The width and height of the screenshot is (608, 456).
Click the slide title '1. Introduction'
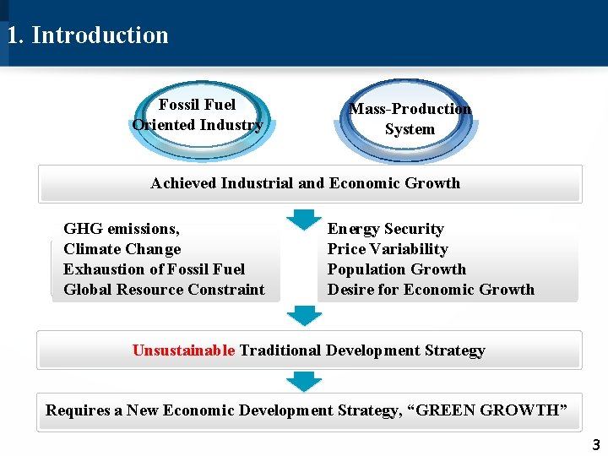pyautogui.click(x=88, y=35)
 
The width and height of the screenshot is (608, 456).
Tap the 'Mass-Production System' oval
pyautogui.click(x=410, y=119)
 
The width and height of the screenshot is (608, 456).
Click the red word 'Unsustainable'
pyautogui.click(x=183, y=350)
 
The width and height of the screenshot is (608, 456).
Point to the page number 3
pyautogui.click(x=595, y=445)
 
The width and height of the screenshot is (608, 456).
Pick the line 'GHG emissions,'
pyautogui.click(x=122, y=229)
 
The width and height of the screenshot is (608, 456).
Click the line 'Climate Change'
pyautogui.click(x=122, y=249)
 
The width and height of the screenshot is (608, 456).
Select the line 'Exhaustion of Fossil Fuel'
pyautogui.click(x=154, y=269)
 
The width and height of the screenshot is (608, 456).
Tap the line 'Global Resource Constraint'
pyautogui.click(x=164, y=290)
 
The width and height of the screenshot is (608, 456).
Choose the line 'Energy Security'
pyautogui.click(x=385, y=229)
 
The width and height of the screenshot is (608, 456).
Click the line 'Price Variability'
pyautogui.click(x=388, y=249)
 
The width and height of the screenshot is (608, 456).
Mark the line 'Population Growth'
pyautogui.click(x=396, y=269)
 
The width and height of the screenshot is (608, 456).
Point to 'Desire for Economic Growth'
pyautogui.click(x=431, y=290)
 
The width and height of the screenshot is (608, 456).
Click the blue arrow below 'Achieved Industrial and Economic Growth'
pyautogui.click(x=303, y=219)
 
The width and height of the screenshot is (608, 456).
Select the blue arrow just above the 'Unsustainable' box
pyautogui.click(x=303, y=316)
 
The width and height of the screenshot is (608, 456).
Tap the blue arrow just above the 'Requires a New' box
pyautogui.click(x=303, y=381)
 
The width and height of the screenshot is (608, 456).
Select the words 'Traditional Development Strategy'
pyautogui.click(x=362, y=350)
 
